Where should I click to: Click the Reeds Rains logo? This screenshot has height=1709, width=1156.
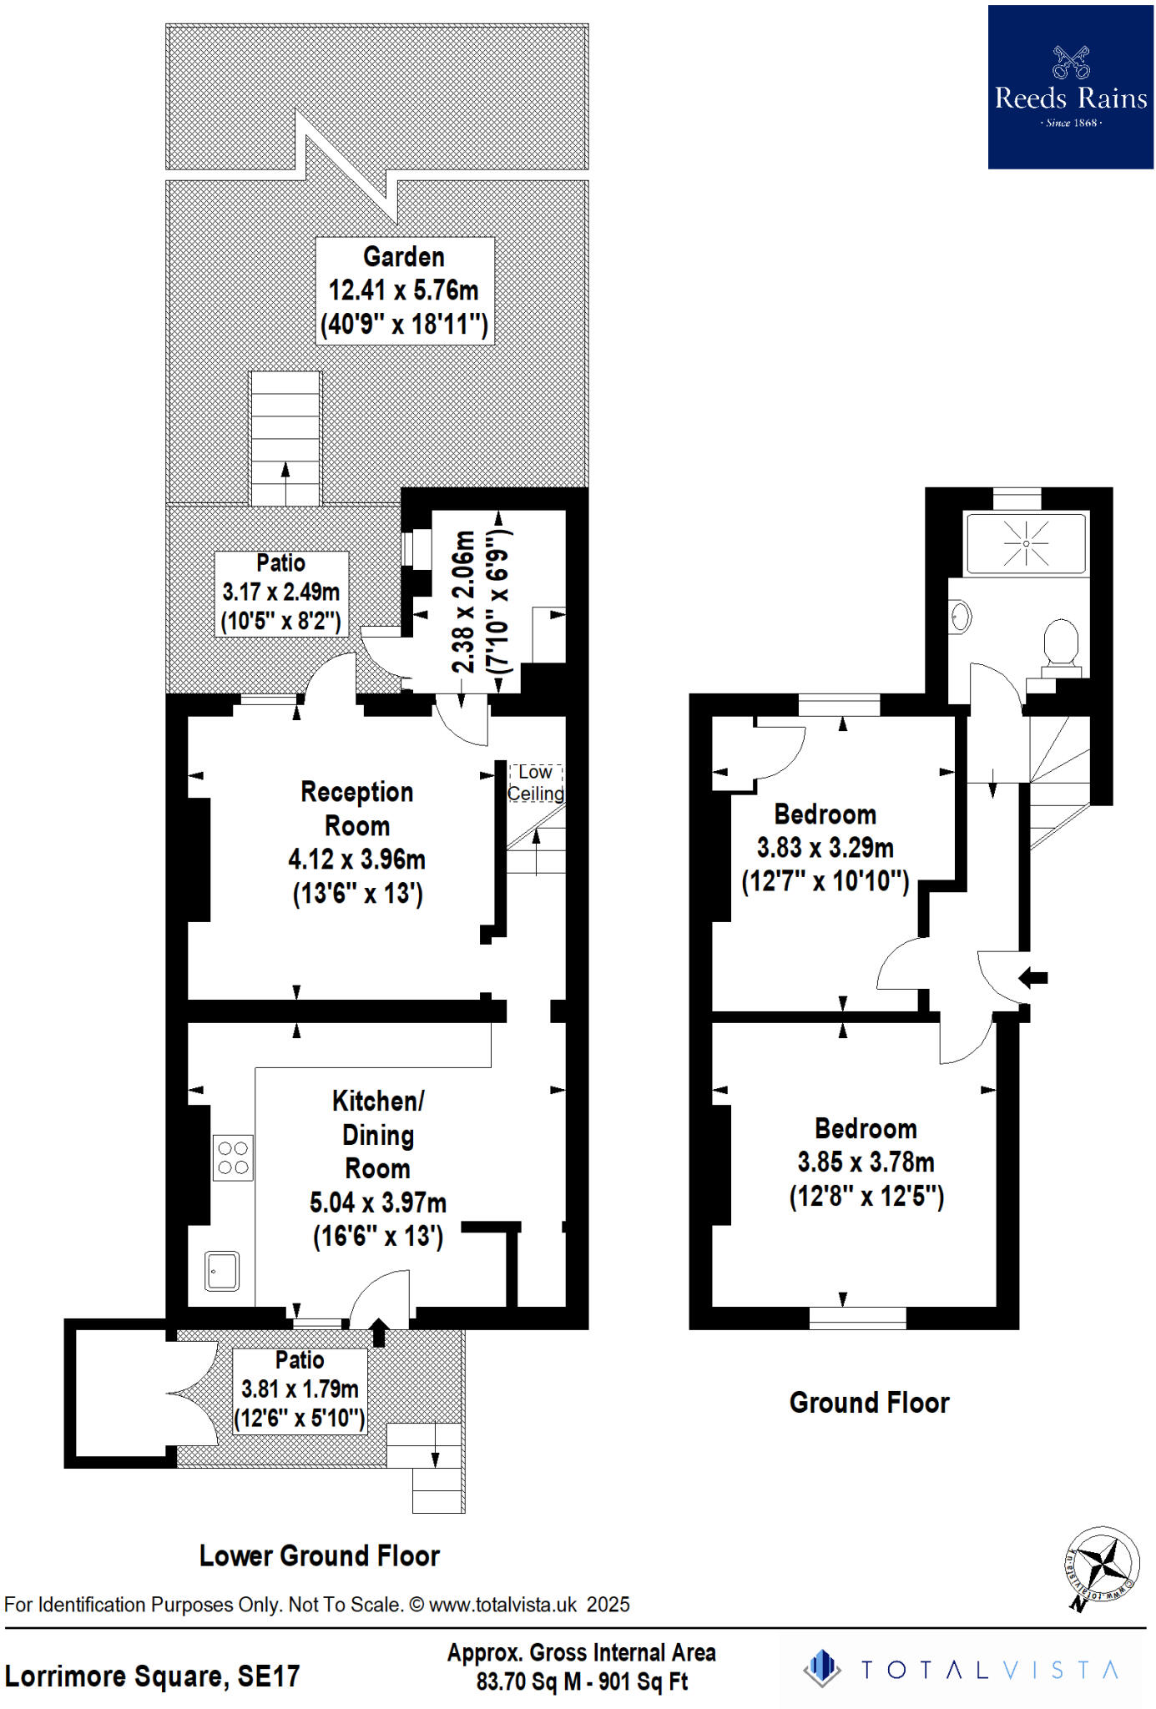[x=1070, y=88]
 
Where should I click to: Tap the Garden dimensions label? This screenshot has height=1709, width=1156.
[x=404, y=290]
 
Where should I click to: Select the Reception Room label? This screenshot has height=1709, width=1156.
[x=356, y=842]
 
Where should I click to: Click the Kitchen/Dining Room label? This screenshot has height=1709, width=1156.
[x=377, y=1167]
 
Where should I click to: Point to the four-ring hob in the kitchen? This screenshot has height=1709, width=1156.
[x=233, y=1158]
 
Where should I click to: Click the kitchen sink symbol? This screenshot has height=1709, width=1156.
[x=222, y=1272]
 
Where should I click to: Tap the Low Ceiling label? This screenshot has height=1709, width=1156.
[x=535, y=783]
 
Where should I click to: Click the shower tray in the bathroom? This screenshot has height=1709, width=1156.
[x=1026, y=544]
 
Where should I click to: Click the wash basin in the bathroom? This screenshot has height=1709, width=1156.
[x=961, y=617]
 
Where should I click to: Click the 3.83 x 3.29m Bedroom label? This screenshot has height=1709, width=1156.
[x=825, y=847]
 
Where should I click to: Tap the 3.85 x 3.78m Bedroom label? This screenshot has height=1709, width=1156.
[x=866, y=1162]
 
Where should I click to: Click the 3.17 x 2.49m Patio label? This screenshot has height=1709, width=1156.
[x=280, y=592]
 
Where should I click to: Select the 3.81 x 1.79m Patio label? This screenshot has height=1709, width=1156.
[x=299, y=1389]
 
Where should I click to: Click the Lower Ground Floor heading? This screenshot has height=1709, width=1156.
[x=319, y=1555]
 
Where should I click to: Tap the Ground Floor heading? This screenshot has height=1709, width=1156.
[x=869, y=1402]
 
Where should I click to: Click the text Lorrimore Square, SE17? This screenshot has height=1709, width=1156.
[x=152, y=1676]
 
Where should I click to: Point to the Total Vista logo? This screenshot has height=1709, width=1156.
[x=960, y=1670]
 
